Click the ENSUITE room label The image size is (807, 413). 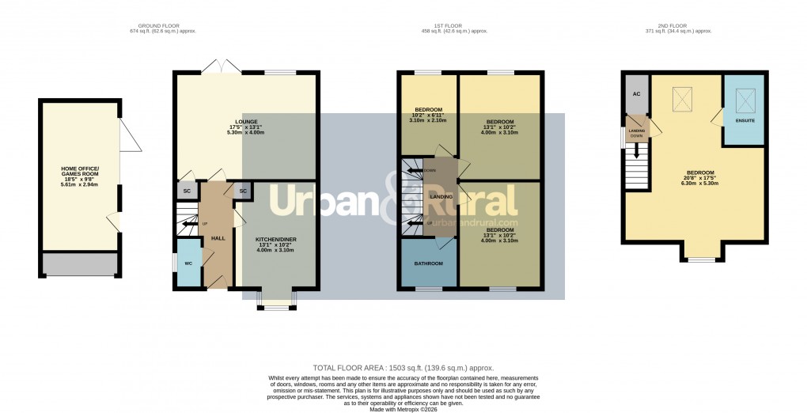(744, 121)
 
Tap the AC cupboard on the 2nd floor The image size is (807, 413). (636, 93)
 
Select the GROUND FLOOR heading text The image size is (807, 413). (162, 25)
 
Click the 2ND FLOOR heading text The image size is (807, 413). (679, 25)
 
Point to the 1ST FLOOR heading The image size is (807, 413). (454, 25)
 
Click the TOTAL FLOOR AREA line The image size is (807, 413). (403, 368)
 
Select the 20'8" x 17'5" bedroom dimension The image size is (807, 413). (700, 179)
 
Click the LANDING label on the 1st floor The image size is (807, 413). (441, 196)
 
